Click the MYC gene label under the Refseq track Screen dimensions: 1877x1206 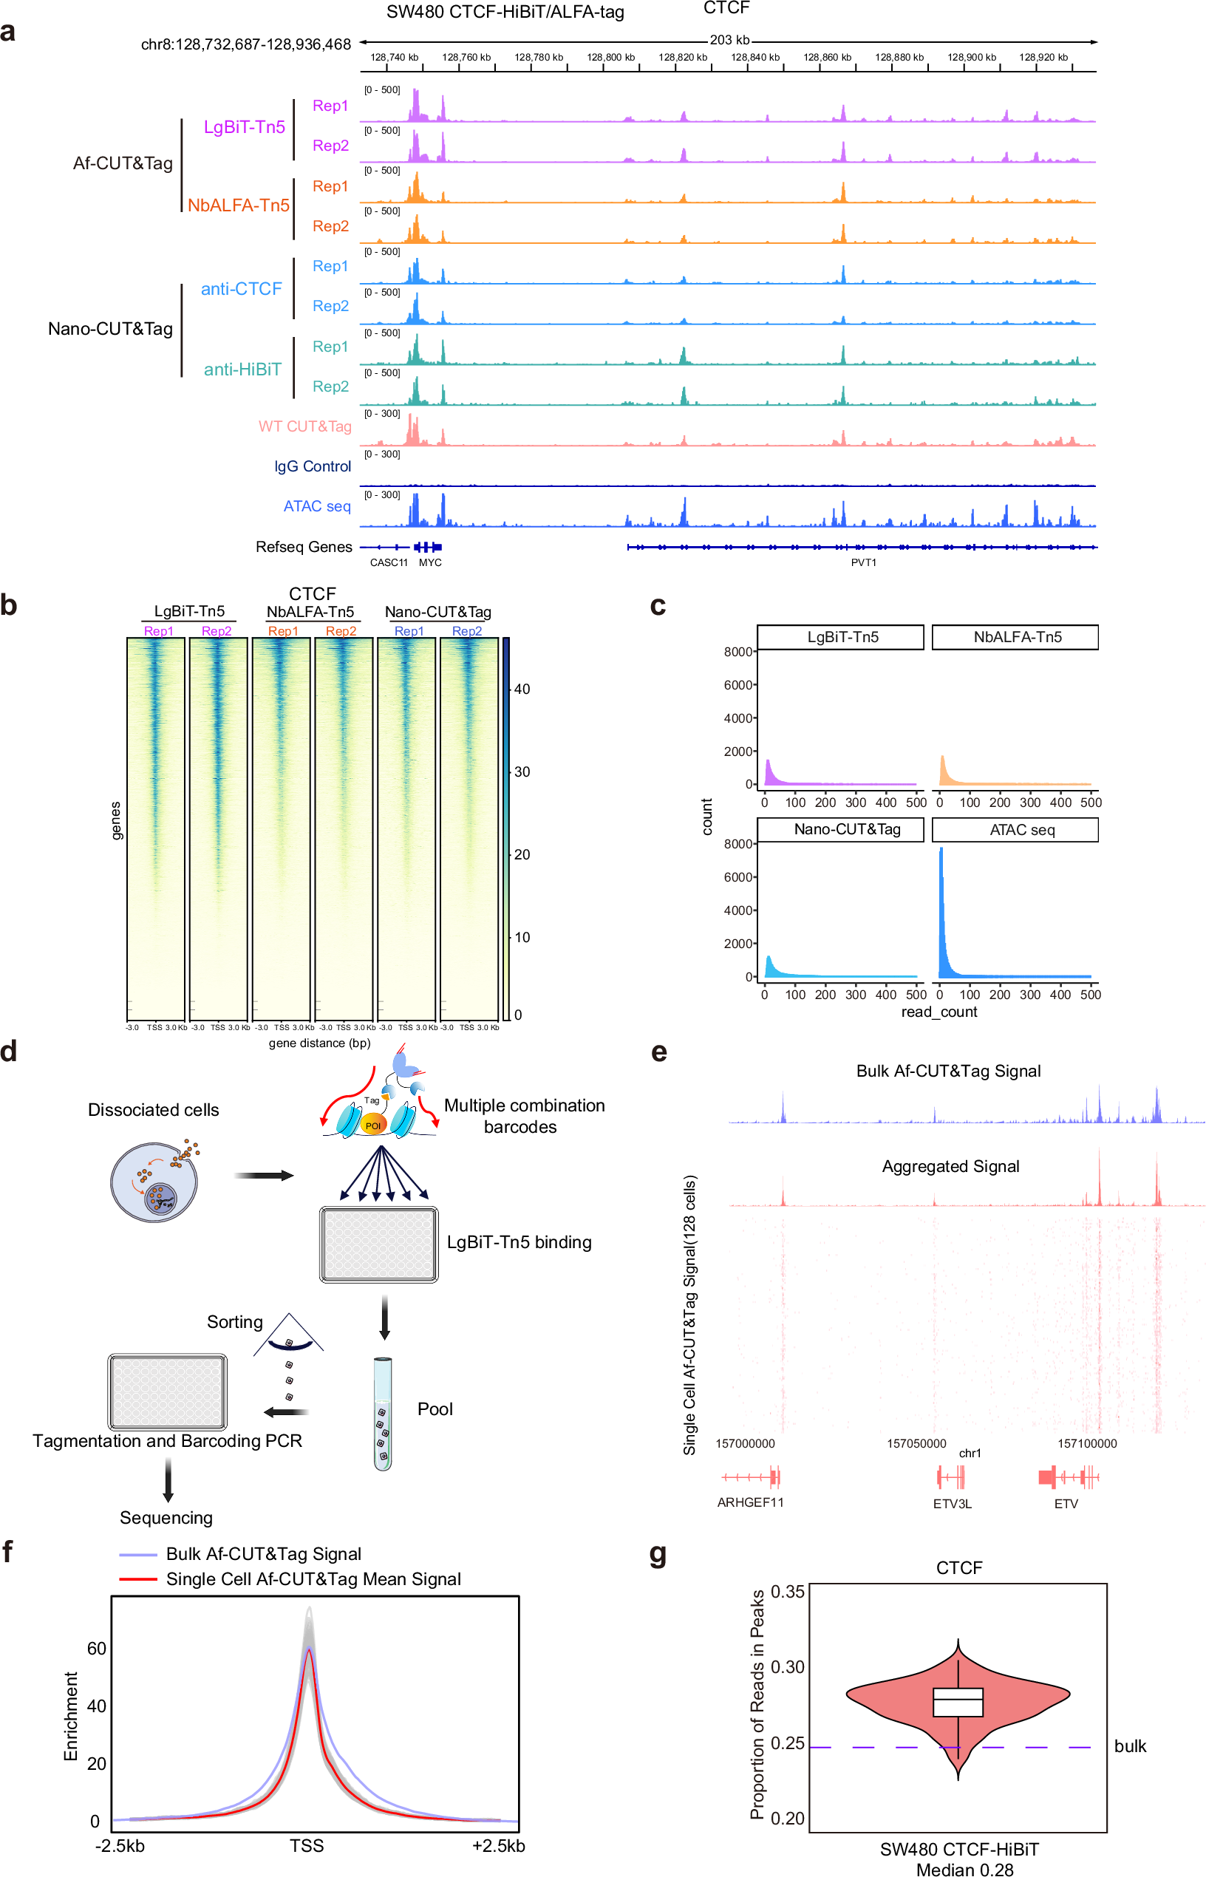point(430,562)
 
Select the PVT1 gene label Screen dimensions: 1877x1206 point(863,562)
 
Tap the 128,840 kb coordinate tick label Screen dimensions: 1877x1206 point(755,57)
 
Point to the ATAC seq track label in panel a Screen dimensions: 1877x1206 point(316,506)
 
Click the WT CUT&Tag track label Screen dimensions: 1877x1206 point(304,426)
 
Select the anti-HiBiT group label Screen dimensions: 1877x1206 point(242,369)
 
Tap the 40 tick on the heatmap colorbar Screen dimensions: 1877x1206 point(522,689)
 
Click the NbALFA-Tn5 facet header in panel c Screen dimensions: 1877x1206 point(1017,637)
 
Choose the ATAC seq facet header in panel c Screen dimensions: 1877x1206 point(1021,829)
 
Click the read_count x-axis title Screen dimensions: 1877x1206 point(938,1012)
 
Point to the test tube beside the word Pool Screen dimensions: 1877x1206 point(382,1414)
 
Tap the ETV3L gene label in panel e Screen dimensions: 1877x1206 point(952,1504)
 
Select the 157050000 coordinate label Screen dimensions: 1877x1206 point(916,1443)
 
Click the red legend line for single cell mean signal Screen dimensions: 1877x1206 point(138,1578)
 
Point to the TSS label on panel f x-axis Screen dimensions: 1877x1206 point(306,1846)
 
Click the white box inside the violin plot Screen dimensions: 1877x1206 point(957,1702)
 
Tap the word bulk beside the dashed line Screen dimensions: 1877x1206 point(1129,1745)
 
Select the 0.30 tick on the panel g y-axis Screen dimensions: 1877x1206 point(787,1666)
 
